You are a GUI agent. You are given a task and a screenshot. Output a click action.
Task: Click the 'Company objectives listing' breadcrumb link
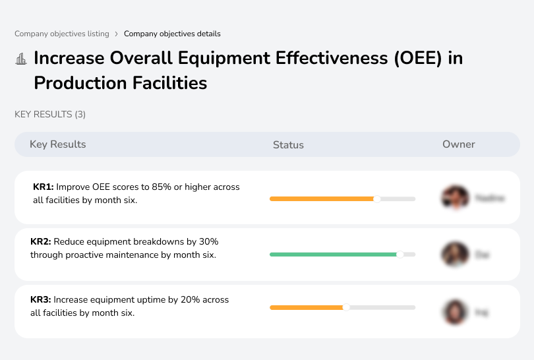tap(62, 34)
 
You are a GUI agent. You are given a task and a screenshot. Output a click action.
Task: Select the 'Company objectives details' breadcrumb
tap(172, 34)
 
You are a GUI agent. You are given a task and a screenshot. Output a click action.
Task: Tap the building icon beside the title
tap(21, 59)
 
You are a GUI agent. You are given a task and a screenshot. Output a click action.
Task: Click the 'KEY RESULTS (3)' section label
tap(50, 114)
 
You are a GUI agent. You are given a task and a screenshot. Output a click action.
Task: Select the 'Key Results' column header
tap(57, 144)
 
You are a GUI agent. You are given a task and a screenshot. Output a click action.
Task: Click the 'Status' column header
tap(288, 144)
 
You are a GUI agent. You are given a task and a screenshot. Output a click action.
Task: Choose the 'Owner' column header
tap(459, 144)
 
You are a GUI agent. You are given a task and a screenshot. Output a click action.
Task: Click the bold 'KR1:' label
tap(44, 187)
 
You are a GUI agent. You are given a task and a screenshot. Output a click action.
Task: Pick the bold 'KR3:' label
tap(41, 300)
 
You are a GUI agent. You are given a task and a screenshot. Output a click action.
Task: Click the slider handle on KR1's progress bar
tap(377, 198)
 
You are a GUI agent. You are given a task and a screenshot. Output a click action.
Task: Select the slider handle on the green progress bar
tap(400, 254)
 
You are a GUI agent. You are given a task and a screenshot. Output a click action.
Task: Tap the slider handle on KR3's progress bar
tap(346, 307)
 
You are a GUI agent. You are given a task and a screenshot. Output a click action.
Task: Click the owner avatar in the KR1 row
tap(455, 197)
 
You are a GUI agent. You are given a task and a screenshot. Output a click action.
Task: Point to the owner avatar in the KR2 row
tap(455, 254)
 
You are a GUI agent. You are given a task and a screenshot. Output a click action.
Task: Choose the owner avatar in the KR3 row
tap(455, 311)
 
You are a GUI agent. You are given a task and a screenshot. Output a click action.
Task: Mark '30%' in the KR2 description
tap(206, 242)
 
